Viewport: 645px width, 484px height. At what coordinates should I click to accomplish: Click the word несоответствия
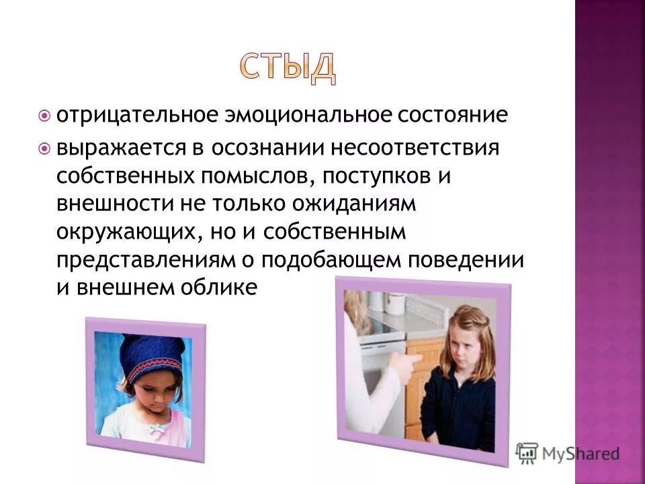tap(404, 147)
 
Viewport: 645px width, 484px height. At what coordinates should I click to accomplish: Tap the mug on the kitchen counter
tap(397, 303)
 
